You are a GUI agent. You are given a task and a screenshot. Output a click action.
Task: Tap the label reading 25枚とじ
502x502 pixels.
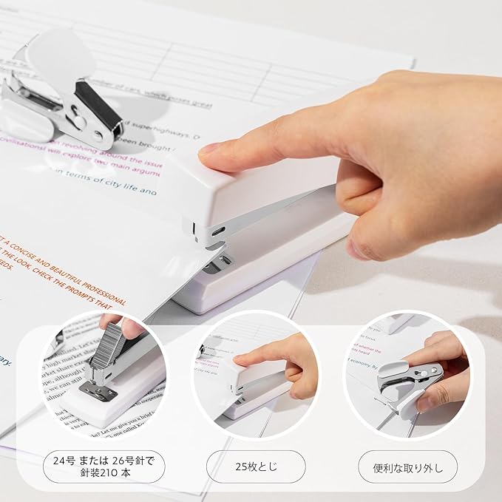pyautogui.click(x=255, y=467)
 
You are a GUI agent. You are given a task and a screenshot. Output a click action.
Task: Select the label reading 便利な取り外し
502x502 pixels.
pyautogui.click(x=407, y=467)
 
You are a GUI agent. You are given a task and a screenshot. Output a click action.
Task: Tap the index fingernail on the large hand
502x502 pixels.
pyautogui.click(x=210, y=149)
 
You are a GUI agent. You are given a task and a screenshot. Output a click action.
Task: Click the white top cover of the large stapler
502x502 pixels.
pyautogui.click(x=266, y=185)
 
